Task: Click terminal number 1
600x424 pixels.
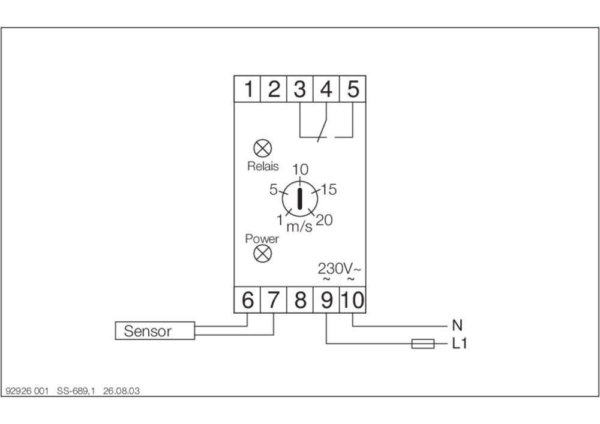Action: (x=247, y=89)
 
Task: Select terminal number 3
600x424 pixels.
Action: (x=300, y=89)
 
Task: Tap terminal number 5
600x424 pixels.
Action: (x=353, y=89)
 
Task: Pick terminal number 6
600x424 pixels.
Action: (x=247, y=300)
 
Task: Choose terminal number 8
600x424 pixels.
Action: (x=300, y=300)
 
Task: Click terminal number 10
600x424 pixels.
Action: (x=353, y=300)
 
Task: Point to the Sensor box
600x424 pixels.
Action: (x=155, y=330)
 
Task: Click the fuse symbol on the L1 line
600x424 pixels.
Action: (x=423, y=343)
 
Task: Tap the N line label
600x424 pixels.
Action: (x=457, y=326)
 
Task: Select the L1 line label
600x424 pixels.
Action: (x=460, y=343)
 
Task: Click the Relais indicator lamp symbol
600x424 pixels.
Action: (x=263, y=148)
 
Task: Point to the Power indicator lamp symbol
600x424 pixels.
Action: (x=263, y=254)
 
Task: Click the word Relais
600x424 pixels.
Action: (x=263, y=166)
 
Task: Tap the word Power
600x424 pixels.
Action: (x=262, y=239)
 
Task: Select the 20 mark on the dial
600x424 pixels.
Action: (x=325, y=220)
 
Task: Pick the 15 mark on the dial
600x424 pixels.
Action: (x=329, y=189)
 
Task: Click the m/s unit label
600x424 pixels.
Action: (x=299, y=226)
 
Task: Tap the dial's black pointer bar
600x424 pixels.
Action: (x=299, y=199)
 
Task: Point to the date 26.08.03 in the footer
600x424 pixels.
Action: (x=121, y=391)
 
